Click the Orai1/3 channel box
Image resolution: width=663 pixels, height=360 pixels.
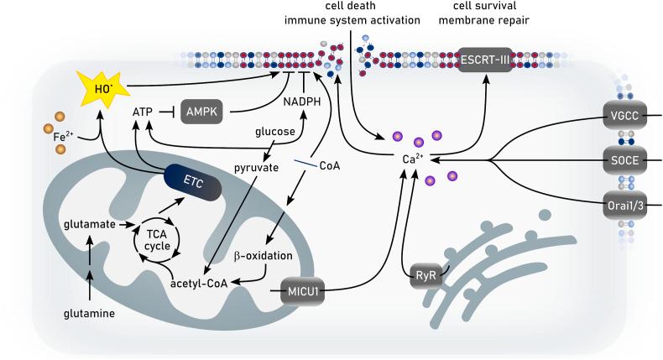coord(622,204)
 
